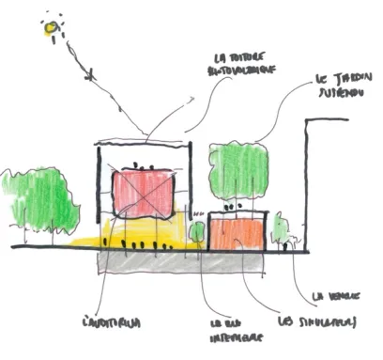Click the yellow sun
click(49, 29)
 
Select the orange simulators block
click(237, 232)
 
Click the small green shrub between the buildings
click(197, 231)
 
